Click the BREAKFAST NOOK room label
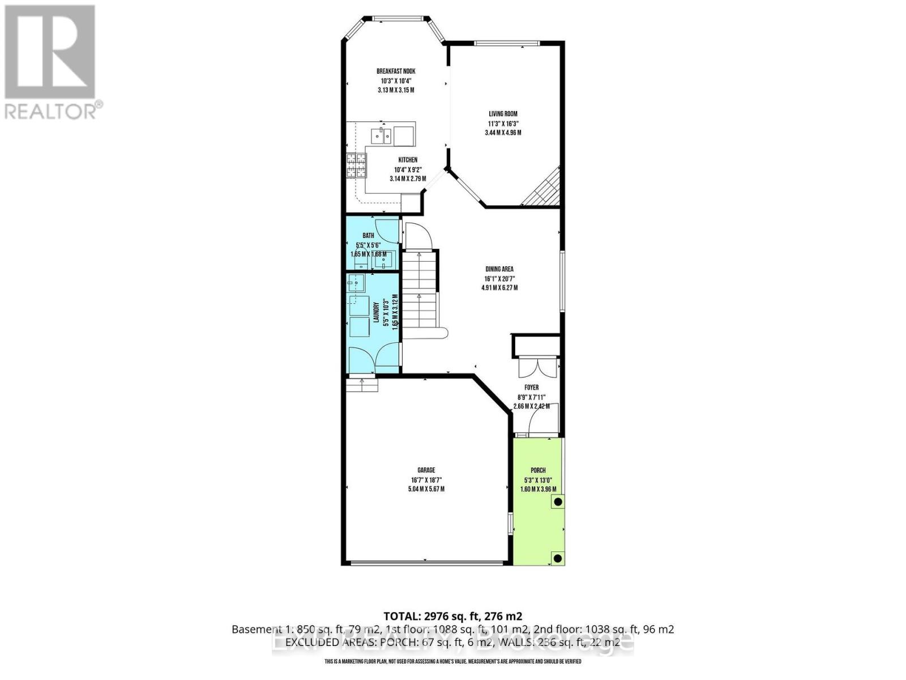396,71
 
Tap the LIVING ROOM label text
503,114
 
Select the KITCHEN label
407,160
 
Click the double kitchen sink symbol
381,135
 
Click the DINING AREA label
499,269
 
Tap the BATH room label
368,236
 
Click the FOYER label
531,388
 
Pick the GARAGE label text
426,470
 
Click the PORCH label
537,470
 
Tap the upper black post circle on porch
558,501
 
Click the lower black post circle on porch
558,558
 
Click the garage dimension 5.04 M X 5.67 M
426,488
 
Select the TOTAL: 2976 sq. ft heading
452,616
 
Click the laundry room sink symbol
355,282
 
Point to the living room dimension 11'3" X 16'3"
503,124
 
